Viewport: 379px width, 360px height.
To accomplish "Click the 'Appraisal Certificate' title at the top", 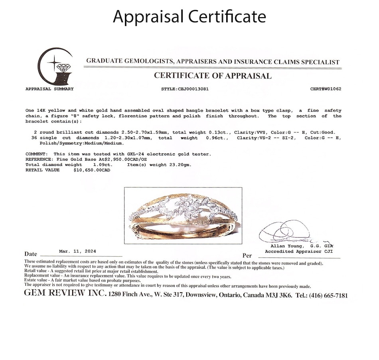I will tap(189, 17).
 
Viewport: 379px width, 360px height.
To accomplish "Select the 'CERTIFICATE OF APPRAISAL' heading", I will tap(213, 76).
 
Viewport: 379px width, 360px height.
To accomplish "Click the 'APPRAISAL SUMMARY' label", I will tap(49, 89).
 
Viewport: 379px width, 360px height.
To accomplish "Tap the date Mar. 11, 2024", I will tap(77, 252).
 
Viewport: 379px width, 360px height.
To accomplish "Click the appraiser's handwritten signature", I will tap(285, 231).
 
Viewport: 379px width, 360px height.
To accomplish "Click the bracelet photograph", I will tap(183, 215).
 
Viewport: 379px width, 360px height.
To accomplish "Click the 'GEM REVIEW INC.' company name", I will tap(65, 294).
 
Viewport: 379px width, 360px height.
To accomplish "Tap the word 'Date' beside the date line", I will tap(31, 254).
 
